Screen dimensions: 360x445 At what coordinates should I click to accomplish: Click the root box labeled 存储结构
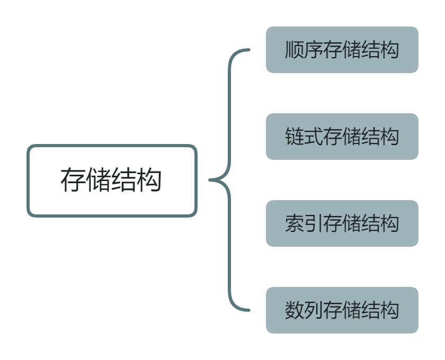[112, 181]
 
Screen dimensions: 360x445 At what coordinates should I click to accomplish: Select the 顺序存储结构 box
[342, 50]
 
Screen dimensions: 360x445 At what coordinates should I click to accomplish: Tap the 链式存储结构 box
[342, 137]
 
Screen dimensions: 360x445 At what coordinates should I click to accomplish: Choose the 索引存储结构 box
[342, 223]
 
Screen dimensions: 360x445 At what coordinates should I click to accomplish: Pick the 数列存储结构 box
[342, 310]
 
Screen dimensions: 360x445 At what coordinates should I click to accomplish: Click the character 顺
[295, 50]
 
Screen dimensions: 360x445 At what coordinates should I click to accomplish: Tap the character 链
[295, 137]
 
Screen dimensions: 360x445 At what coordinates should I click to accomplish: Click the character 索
[295, 224]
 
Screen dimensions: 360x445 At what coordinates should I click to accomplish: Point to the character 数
[295, 311]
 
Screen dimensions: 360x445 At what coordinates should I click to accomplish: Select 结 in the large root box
[124, 181]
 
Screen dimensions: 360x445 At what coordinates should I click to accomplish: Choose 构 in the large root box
[150, 181]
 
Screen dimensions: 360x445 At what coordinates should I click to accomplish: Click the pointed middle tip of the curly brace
[210, 180]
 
